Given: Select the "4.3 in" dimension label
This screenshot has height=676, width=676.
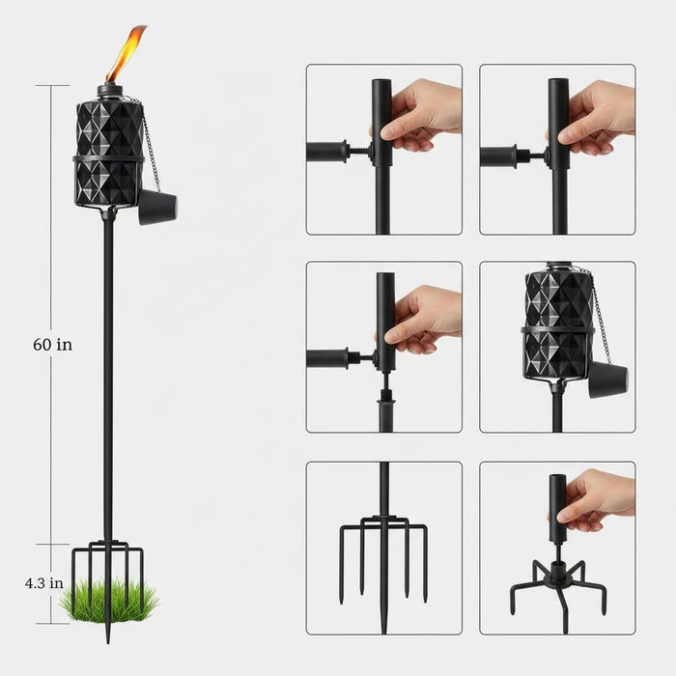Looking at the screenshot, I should point(44,582).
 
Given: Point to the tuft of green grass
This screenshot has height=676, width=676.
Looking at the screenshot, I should point(107,601).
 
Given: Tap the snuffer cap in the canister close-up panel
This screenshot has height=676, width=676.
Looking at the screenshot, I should point(607,380).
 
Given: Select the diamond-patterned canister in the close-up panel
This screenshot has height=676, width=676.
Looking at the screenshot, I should point(557,324).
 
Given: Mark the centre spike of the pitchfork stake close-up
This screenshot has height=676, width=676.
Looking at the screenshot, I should point(383,570).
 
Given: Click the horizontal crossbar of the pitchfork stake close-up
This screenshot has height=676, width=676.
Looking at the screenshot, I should point(383,527).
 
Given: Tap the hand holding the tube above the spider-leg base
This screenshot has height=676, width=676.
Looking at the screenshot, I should point(599,497).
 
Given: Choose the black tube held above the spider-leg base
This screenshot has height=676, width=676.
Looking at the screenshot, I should point(557,502).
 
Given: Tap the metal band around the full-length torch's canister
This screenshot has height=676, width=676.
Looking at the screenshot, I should point(108,156).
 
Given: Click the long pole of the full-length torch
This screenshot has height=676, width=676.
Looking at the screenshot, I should point(108,386).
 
